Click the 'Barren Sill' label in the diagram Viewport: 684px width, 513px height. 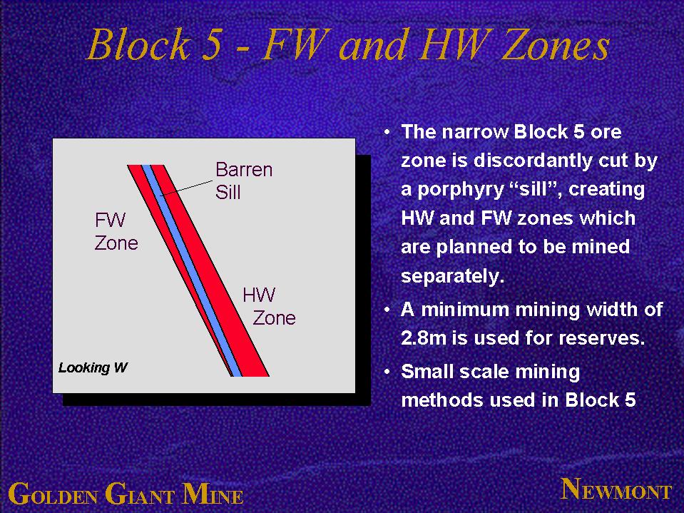coord(244,181)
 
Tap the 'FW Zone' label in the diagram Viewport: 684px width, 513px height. coord(116,231)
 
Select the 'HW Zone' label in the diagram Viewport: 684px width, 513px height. coord(269,306)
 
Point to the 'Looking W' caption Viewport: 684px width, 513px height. coord(93,367)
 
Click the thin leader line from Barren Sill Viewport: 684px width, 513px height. coord(187,188)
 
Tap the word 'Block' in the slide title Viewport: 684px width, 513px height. coord(139,44)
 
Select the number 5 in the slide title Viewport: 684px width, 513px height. coord(212,46)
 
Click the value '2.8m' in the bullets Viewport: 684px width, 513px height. coord(424,337)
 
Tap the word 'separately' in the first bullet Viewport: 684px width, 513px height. coord(452,276)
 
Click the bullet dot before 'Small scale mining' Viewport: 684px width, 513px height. coord(387,372)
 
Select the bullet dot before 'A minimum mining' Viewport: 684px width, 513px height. coord(387,310)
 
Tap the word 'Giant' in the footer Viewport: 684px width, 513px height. coord(140,494)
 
